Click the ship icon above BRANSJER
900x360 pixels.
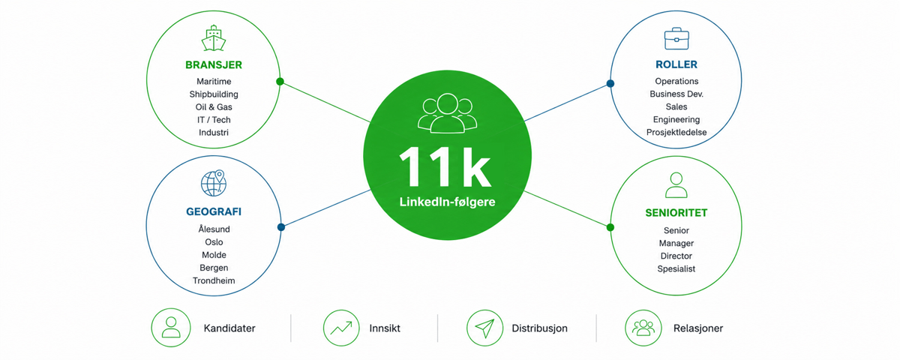pos(214,38)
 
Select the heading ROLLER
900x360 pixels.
pos(676,64)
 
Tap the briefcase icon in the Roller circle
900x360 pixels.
pos(676,38)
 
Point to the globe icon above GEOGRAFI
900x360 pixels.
pos(214,183)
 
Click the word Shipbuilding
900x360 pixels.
pos(214,94)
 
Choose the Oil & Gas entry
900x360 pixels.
pos(214,106)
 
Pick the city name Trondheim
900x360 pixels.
pos(214,280)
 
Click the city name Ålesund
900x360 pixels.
pos(214,229)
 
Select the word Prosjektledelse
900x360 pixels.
pos(676,132)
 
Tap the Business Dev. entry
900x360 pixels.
pos(676,94)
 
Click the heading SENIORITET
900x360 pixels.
pos(676,213)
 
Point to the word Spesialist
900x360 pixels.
pos(676,268)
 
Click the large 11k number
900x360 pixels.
pos(445,166)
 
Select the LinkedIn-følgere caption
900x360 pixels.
pos(447,202)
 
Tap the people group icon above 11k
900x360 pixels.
pos(447,113)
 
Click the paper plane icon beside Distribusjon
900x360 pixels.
pos(484,328)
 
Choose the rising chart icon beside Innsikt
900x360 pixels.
pos(341,328)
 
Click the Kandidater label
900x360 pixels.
pos(229,328)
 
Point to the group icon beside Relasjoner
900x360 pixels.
pos(643,328)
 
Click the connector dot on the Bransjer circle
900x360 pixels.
pos(280,82)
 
